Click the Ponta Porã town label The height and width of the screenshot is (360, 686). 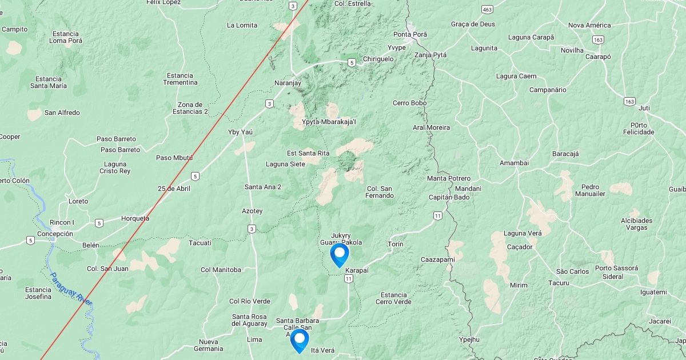tap(410, 34)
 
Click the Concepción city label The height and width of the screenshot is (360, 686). tap(55, 234)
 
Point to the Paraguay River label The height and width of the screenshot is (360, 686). tap(71, 289)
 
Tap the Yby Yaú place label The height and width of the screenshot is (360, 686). tap(240, 132)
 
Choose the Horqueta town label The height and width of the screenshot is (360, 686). tap(135, 218)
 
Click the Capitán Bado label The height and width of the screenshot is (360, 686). tap(449, 197)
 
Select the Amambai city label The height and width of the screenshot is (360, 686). tap(514, 163)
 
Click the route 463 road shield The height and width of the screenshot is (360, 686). tap(487, 10)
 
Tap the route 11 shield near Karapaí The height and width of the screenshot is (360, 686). tap(348, 278)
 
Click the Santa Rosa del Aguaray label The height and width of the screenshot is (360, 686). tap(249, 320)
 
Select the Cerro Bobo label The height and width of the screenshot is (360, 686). tap(409, 103)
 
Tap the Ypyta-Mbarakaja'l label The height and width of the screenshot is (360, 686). tap(328, 122)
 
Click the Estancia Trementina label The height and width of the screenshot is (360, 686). tap(180, 79)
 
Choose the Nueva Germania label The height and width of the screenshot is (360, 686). tap(208, 345)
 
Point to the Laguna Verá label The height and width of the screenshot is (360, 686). tap(523, 233)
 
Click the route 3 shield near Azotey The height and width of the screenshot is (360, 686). tap(252, 229)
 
